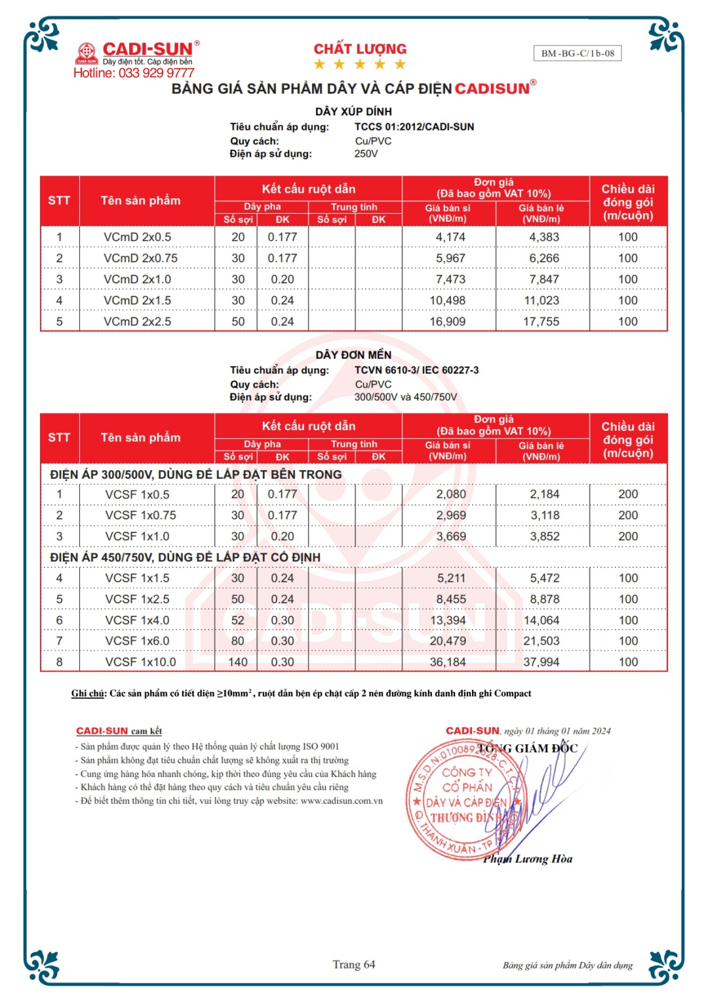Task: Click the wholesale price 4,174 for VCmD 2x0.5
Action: tap(450, 237)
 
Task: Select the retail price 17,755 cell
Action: tap(541, 321)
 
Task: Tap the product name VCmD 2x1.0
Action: tap(137, 279)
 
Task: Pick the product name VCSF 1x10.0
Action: tap(140, 662)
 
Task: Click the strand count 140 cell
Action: tap(237, 662)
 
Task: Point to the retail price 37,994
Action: tap(541, 662)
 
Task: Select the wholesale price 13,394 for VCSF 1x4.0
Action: tap(448, 620)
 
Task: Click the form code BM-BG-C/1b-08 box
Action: tap(578, 53)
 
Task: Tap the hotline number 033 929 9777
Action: tap(156, 73)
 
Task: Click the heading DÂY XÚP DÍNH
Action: tap(353, 111)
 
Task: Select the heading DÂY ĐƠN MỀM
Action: tap(353, 355)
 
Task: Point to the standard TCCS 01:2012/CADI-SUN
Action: tap(414, 127)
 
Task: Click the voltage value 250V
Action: tap(366, 153)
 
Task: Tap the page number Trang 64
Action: tap(353, 964)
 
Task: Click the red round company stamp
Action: tap(459, 800)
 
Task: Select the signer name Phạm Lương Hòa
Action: tap(528, 859)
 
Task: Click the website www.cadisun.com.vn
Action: tap(342, 801)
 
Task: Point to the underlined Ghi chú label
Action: tap(88, 693)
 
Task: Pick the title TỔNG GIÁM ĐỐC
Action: tap(528, 748)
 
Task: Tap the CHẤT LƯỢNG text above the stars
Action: tap(360, 49)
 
